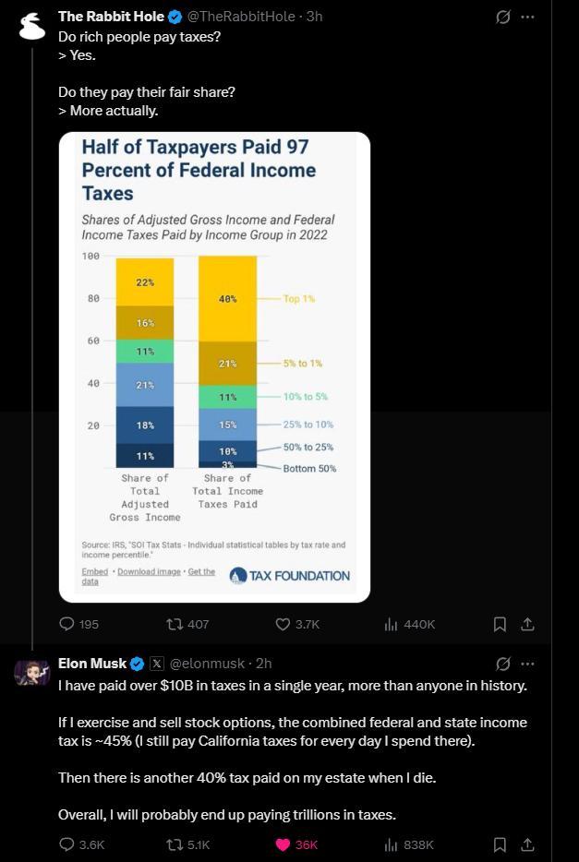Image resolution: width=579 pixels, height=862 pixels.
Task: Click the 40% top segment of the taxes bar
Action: (228, 298)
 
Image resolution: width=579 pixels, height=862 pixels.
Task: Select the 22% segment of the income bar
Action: (145, 282)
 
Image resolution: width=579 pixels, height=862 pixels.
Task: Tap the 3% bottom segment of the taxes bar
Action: (228, 464)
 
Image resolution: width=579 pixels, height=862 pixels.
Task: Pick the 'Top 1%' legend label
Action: (299, 298)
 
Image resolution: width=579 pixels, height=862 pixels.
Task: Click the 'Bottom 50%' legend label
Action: (309, 469)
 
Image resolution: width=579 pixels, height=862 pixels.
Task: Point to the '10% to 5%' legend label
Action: (306, 396)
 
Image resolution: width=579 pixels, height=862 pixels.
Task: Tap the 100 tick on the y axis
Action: (90, 257)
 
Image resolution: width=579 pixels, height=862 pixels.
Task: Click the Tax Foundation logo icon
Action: (237, 576)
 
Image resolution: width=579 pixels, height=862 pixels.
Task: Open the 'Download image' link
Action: (149, 571)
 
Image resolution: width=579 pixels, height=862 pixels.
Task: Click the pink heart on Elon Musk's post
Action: (283, 844)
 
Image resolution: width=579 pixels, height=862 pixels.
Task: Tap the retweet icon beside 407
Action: (173, 624)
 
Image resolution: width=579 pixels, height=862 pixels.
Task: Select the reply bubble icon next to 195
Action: (66, 624)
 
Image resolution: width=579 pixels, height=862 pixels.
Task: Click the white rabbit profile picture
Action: (32, 27)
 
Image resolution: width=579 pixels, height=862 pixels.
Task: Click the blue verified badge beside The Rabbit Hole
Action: (175, 17)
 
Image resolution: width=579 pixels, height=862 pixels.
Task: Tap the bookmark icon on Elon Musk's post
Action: (500, 844)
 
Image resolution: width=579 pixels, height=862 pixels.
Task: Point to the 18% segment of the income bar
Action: (145, 425)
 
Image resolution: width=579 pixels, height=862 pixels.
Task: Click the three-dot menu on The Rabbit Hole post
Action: (527, 17)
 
